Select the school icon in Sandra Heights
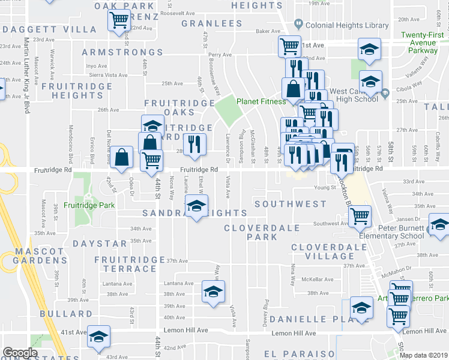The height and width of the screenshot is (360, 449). [x=196, y=206]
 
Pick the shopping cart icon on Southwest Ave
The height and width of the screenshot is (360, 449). [x=360, y=215]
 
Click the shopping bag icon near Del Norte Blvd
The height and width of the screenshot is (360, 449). [x=122, y=157]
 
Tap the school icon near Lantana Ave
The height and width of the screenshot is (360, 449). [x=212, y=292]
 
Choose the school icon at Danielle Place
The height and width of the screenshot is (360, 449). [x=361, y=308]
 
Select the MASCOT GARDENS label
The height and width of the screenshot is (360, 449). [x=35, y=256]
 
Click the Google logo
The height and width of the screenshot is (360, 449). [x=19, y=353]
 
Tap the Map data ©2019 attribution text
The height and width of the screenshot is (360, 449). [x=423, y=355]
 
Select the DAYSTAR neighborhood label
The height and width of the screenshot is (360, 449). [x=100, y=244]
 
